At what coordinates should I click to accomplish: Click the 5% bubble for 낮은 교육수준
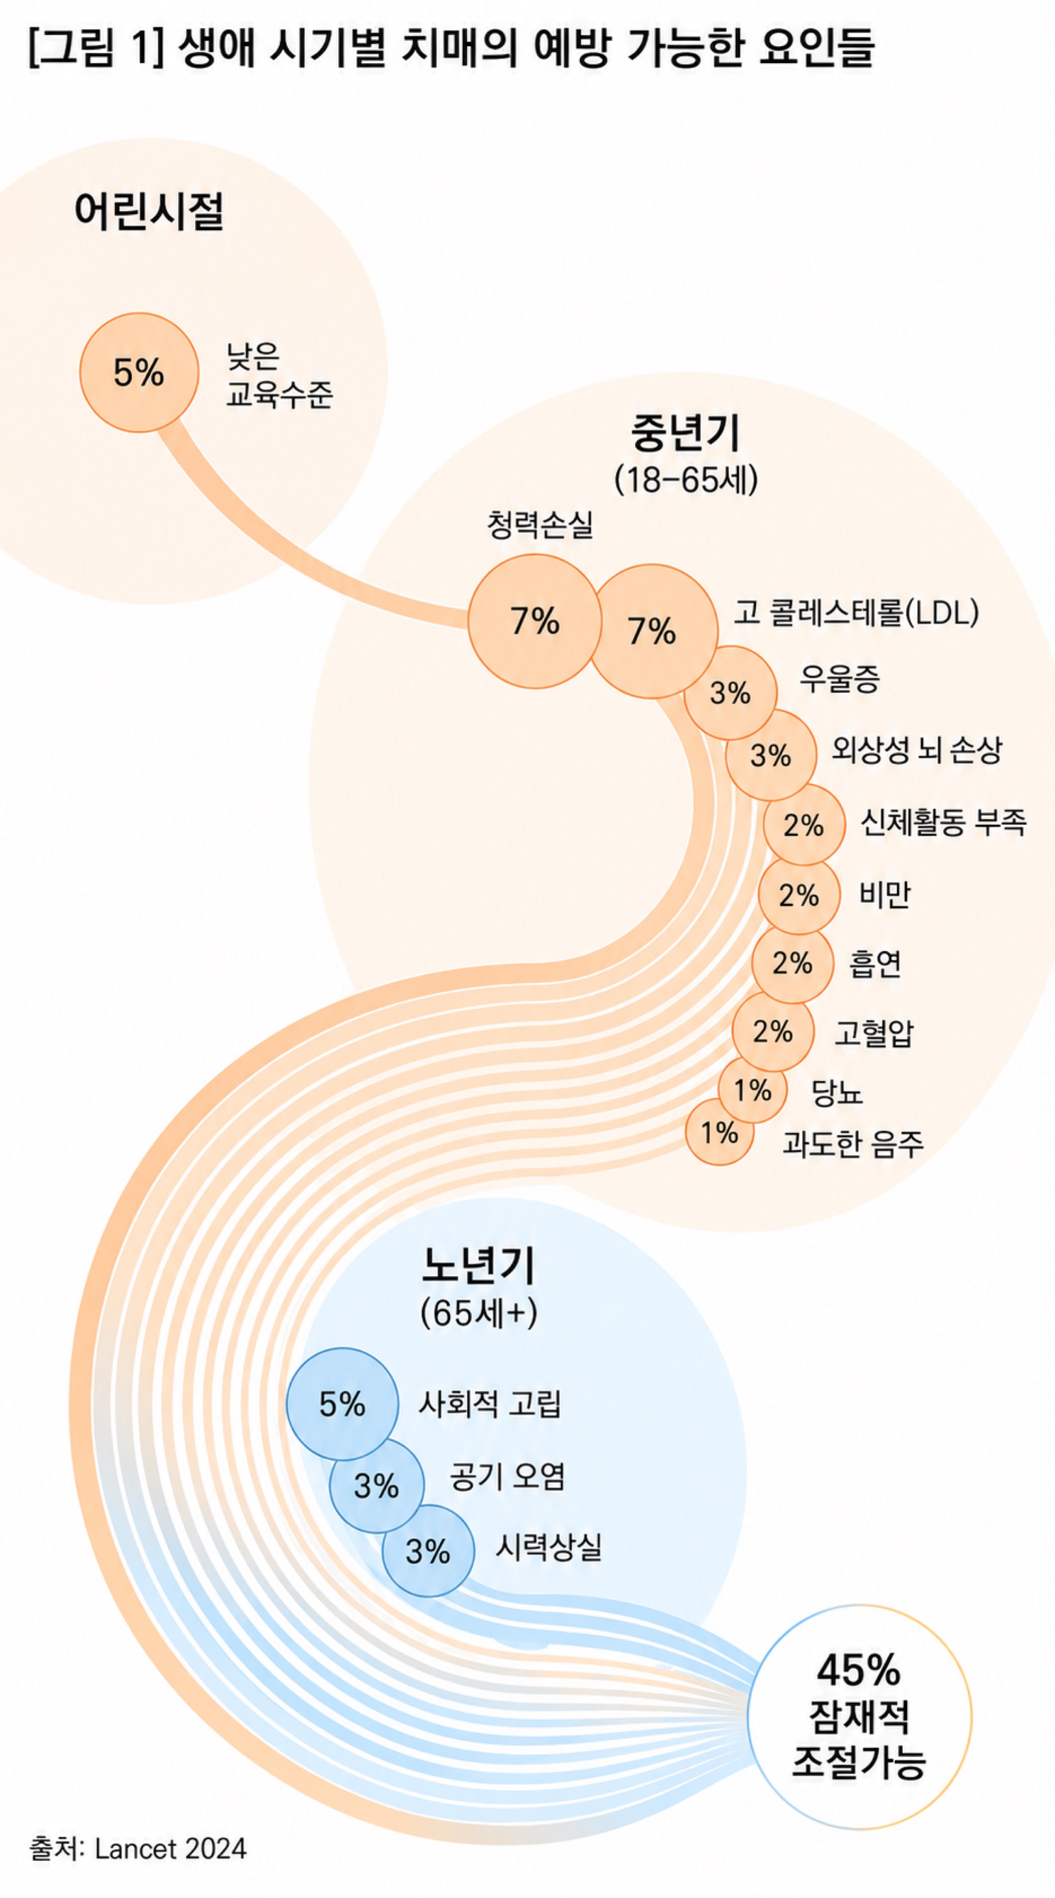pyautogui.click(x=139, y=372)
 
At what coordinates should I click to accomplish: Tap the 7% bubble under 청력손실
pyautogui.click(x=535, y=621)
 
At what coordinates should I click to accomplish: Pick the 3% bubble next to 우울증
pyautogui.click(x=730, y=693)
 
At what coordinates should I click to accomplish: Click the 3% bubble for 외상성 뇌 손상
pyautogui.click(x=771, y=755)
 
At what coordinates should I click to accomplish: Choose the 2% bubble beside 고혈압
pyautogui.click(x=773, y=1031)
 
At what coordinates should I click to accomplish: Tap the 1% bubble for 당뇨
pyautogui.click(x=752, y=1090)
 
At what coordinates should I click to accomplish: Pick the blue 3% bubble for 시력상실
pyautogui.click(x=428, y=1551)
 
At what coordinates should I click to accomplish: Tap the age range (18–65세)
pyautogui.click(x=686, y=479)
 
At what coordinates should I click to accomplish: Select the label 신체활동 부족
pyautogui.click(x=943, y=821)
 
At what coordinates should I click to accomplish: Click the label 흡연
pyautogui.click(x=875, y=963)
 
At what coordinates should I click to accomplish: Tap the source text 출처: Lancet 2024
pyautogui.click(x=138, y=1849)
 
